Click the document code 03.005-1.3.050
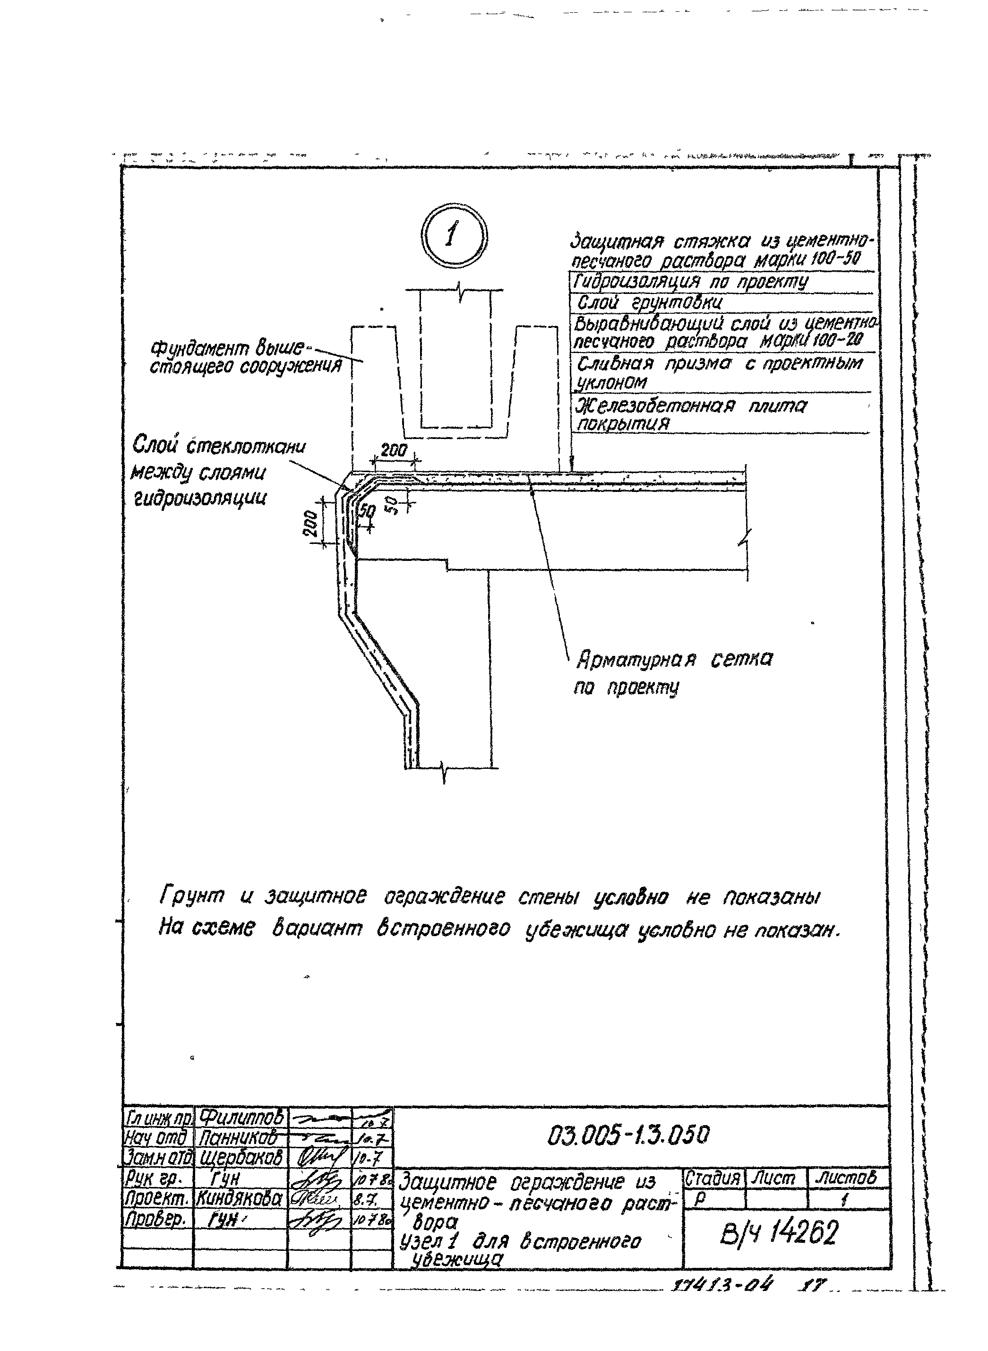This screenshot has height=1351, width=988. pos(628,1135)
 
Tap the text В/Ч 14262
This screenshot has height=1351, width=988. pos(780,1232)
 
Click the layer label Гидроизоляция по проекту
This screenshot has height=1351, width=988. pos(691,282)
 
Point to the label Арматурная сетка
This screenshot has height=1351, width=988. pos(674,660)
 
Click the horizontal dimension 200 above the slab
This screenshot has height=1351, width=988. pos(394,450)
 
